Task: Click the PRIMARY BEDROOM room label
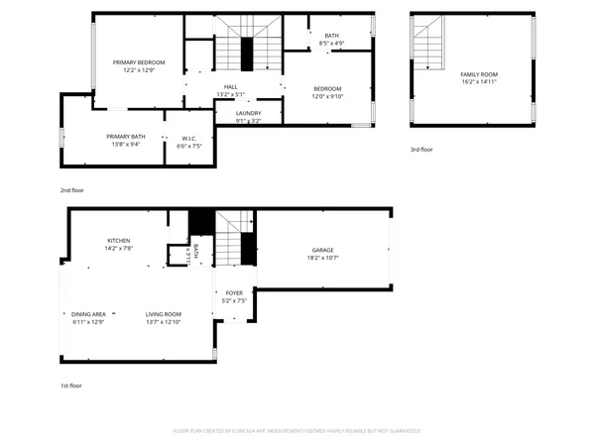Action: (138, 62)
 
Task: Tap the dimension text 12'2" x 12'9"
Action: (138, 70)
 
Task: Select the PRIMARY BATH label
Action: (126, 137)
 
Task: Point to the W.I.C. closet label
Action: (188, 138)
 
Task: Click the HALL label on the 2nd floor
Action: (230, 87)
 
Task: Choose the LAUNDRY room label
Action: (248, 114)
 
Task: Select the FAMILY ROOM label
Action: (478, 74)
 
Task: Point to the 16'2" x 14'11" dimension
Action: (478, 82)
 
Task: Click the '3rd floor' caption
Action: (421, 150)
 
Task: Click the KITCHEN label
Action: (119, 241)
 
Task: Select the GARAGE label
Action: (322, 250)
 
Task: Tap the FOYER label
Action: (234, 293)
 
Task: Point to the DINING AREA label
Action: (88, 314)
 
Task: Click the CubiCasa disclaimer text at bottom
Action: (297, 431)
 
